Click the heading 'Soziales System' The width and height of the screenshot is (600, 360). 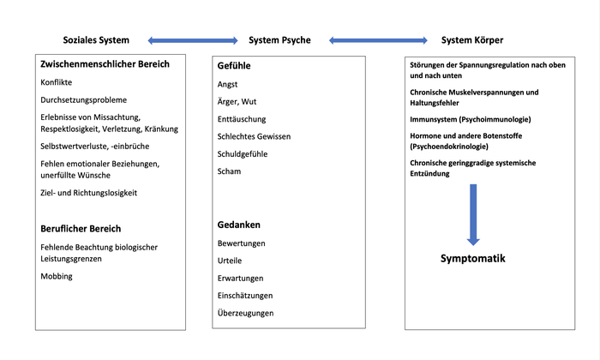96,40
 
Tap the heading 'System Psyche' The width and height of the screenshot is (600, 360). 279,40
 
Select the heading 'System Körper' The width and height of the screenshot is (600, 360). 472,40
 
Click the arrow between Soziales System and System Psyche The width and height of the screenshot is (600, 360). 193,40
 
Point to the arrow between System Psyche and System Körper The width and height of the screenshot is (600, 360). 378,40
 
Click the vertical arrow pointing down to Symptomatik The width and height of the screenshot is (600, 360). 473,214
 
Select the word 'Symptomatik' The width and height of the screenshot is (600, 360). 473,259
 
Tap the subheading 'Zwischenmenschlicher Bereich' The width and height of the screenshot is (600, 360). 105,64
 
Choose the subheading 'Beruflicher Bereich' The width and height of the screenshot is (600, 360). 81,229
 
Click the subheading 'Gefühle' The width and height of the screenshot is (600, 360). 234,66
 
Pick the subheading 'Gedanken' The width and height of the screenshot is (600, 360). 239,225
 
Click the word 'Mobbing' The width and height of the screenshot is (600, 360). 57,276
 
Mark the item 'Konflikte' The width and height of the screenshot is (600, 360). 57,82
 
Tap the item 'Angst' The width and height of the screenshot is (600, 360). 227,85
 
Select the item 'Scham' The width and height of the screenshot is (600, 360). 229,171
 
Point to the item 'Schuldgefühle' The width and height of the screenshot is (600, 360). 243,154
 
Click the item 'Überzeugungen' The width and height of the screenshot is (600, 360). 246,313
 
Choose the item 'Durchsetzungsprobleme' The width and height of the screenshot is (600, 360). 83,99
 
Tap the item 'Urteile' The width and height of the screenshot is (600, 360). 230,261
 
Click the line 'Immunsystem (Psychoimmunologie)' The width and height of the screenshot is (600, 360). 471,119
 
